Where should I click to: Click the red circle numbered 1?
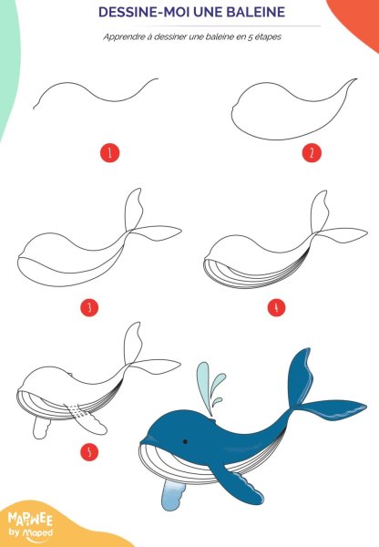click(110, 153)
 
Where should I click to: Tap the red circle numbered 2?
click(312, 153)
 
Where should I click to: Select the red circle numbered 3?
click(89, 308)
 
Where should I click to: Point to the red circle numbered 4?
click(276, 308)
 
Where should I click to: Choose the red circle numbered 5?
click(89, 452)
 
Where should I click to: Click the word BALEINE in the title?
click(256, 12)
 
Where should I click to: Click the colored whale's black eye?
click(185, 441)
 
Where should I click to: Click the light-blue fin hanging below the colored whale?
click(172, 494)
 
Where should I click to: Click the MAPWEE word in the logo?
click(30, 520)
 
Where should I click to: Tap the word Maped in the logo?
click(37, 532)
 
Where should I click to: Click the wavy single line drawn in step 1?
click(96, 92)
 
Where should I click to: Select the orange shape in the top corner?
click(359, 19)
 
